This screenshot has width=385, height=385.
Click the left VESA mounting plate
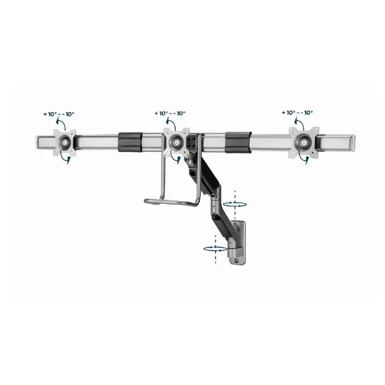pyautogui.click(x=64, y=141)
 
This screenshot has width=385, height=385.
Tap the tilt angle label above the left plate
pyautogui.click(x=58, y=114)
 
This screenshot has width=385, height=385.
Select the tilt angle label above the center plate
pyautogui.click(x=170, y=114)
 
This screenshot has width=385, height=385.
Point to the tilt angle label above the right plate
pyautogui.click(x=297, y=113)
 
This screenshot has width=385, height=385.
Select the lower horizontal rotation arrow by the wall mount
pyautogui.click(x=214, y=248)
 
